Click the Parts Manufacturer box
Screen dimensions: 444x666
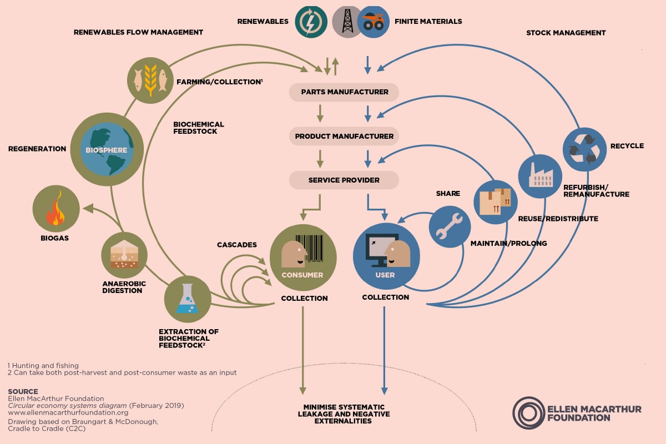pos(344,92)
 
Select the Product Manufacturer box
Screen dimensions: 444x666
pos(344,136)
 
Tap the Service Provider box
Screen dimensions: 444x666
pos(344,180)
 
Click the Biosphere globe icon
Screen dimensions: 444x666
pos(107,149)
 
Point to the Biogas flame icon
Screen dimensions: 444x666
pos(56,209)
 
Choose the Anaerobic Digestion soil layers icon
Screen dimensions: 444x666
pos(124,255)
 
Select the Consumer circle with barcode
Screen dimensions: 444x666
pos(302,257)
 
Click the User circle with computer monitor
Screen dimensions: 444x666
pos(386,256)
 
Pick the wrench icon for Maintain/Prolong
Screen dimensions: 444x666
pos(450,226)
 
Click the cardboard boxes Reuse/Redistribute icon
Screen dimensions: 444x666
pos(495,202)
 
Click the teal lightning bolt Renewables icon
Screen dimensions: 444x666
pos(311,22)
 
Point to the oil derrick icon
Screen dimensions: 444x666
pos(348,22)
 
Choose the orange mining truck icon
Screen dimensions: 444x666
pos(373,22)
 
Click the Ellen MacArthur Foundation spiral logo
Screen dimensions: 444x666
pos(529,412)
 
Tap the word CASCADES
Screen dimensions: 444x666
pos(237,245)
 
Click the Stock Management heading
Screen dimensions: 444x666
pos(566,33)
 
